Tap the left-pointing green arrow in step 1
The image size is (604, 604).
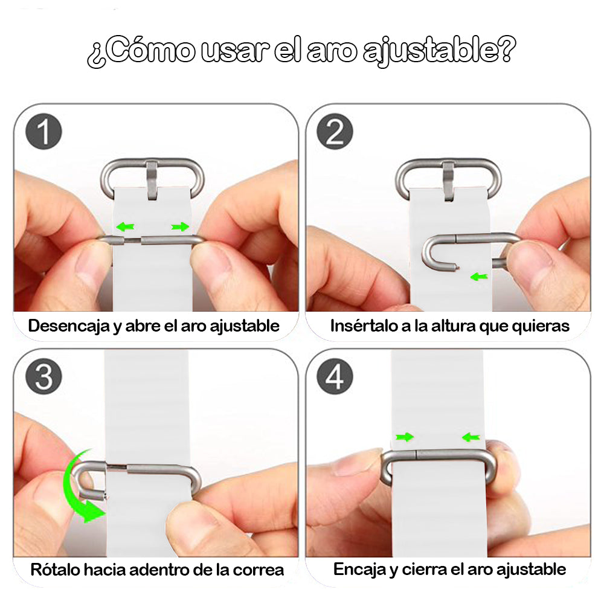point(126,227)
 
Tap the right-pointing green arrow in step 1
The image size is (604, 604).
point(179,227)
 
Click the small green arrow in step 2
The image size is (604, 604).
point(479,277)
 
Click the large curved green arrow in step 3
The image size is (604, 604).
point(77,489)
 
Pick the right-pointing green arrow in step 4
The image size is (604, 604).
point(405,437)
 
